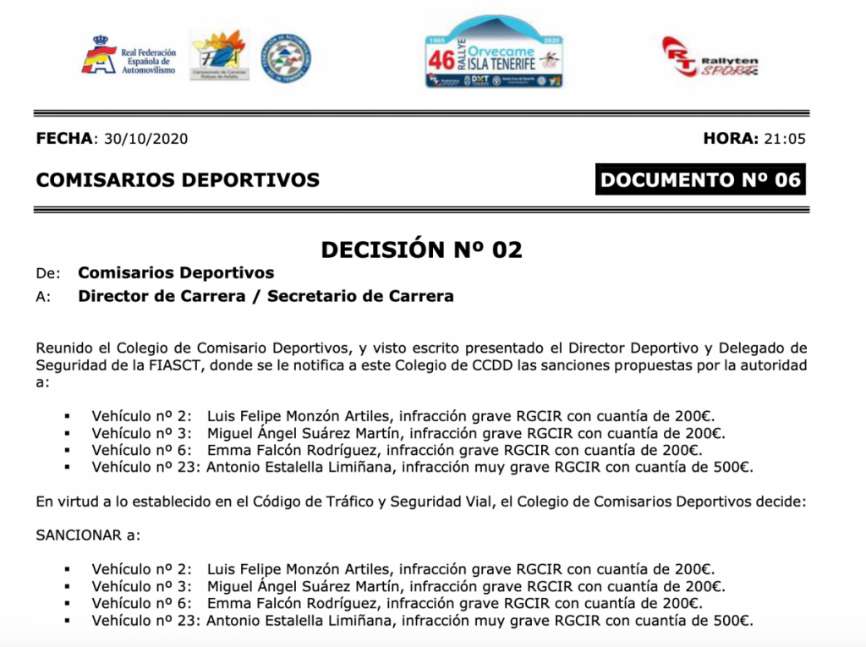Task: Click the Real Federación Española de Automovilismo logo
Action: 129,57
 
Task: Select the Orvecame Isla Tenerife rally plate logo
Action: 494,53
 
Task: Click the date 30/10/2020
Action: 145,139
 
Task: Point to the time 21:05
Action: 784,139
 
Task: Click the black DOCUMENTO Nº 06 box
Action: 700,179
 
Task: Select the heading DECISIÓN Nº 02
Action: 421,249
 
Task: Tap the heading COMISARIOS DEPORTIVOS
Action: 178,179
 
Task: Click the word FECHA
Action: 67,139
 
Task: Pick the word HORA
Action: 730,139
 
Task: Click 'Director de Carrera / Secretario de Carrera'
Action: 266,296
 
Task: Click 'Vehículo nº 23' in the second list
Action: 145,620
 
